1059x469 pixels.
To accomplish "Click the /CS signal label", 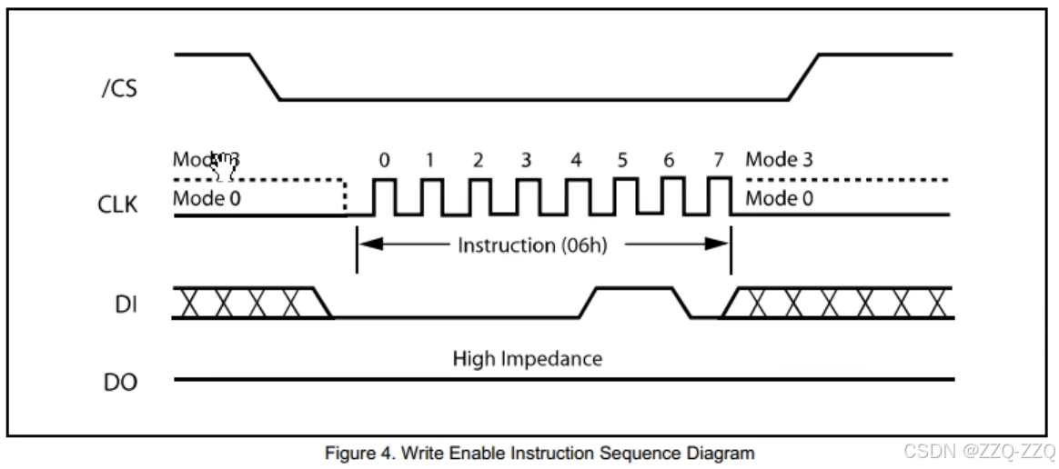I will (x=119, y=90).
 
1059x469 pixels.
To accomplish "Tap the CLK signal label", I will (x=120, y=205).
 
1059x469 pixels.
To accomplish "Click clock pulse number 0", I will (x=385, y=161).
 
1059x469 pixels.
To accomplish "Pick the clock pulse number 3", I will (x=526, y=161).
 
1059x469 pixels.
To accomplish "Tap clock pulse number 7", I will (x=719, y=161).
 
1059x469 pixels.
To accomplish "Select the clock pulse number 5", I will (x=622, y=161).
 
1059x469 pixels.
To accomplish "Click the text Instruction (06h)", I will (x=533, y=244).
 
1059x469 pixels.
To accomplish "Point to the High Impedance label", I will (x=528, y=358).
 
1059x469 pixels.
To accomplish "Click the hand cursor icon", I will (x=222, y=165).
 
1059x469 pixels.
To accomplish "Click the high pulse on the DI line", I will (x=634, y=290).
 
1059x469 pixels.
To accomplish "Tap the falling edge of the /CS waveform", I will (x=264, y=77).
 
